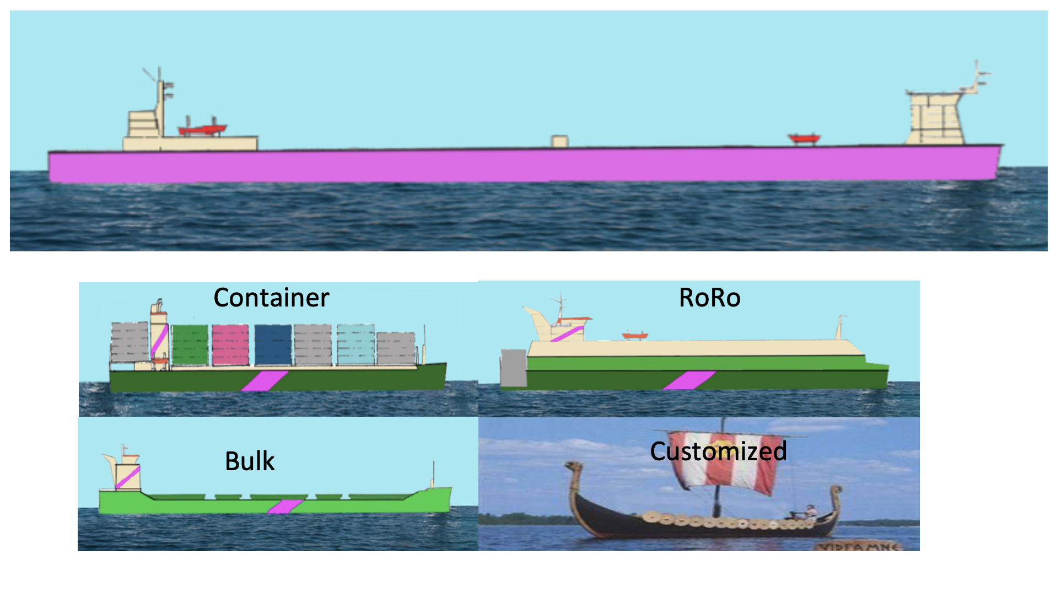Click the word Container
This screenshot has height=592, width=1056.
271,298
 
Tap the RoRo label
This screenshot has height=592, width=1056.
709,298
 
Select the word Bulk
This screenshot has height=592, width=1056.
250,461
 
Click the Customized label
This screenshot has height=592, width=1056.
718,451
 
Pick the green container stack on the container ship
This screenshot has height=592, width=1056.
190,345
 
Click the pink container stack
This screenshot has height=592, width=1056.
230,345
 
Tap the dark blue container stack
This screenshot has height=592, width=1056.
273,345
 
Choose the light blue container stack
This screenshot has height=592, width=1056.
355,345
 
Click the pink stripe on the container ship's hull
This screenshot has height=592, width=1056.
265,381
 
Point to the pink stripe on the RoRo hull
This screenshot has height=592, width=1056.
689,380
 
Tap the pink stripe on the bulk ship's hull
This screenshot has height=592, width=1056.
285,507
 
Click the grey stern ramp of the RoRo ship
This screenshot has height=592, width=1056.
513,368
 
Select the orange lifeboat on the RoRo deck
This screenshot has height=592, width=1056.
635,335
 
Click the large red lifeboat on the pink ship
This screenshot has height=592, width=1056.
202,130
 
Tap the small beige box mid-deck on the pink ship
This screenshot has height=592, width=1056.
559,141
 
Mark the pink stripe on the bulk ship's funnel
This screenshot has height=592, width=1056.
128,477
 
